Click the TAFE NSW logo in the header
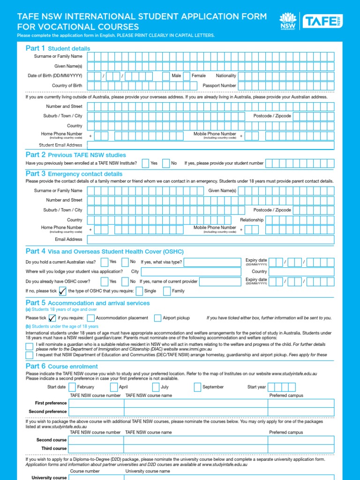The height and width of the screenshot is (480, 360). click(323, 21)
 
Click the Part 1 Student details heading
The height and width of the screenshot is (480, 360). click(58, 48)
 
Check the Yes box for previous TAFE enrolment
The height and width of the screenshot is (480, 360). click(146, 163)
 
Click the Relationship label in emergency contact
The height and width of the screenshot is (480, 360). click(252, 220)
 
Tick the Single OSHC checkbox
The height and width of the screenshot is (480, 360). click(139, 291)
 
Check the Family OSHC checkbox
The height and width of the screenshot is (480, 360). click(167, 291)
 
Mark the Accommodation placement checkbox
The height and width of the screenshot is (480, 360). click(91, 318)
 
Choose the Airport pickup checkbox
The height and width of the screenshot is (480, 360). click(157, 318)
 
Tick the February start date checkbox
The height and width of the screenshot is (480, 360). click(72, 387)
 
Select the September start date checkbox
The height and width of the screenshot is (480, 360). click(197, 387)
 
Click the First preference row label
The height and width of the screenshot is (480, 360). click(51, 403)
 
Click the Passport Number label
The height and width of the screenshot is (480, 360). click(219, 86)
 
